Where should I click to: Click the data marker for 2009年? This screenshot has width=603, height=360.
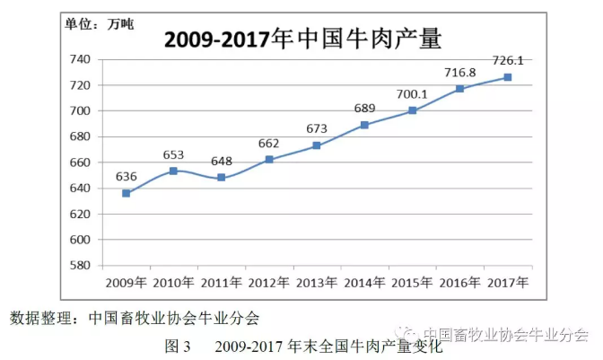[127, 193]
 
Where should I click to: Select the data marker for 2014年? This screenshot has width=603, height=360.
[364, 125]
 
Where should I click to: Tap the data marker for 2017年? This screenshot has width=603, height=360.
[507, 77]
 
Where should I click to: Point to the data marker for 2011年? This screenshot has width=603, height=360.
[222, 178]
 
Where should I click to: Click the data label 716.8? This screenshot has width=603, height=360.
[460, 72]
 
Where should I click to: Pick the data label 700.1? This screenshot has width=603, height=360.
[413, 93]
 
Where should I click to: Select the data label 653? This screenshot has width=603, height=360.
[174, 154]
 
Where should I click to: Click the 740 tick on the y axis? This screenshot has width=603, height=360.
[82, 59]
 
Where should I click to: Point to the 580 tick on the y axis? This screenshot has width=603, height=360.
[82, 266]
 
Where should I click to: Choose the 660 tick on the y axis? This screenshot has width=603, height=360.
[82, 162]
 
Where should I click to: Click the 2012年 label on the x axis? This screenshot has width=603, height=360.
[269, 282]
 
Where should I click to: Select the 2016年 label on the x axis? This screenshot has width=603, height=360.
[459, 282]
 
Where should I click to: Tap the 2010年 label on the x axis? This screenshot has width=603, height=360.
[174, 282]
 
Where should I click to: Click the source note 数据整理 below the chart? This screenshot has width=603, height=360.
[135, 317]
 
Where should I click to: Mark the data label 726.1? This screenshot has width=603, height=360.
[508, 61]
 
